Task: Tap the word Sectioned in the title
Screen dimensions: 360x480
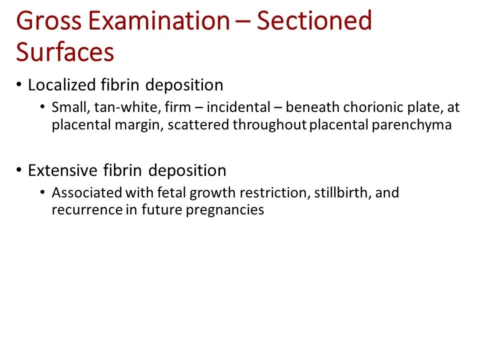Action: coord(314,21)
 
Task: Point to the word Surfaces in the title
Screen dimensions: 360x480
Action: coord(65,52)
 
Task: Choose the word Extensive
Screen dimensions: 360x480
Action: coord(62,171)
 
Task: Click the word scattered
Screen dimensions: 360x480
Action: coord(198,124)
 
